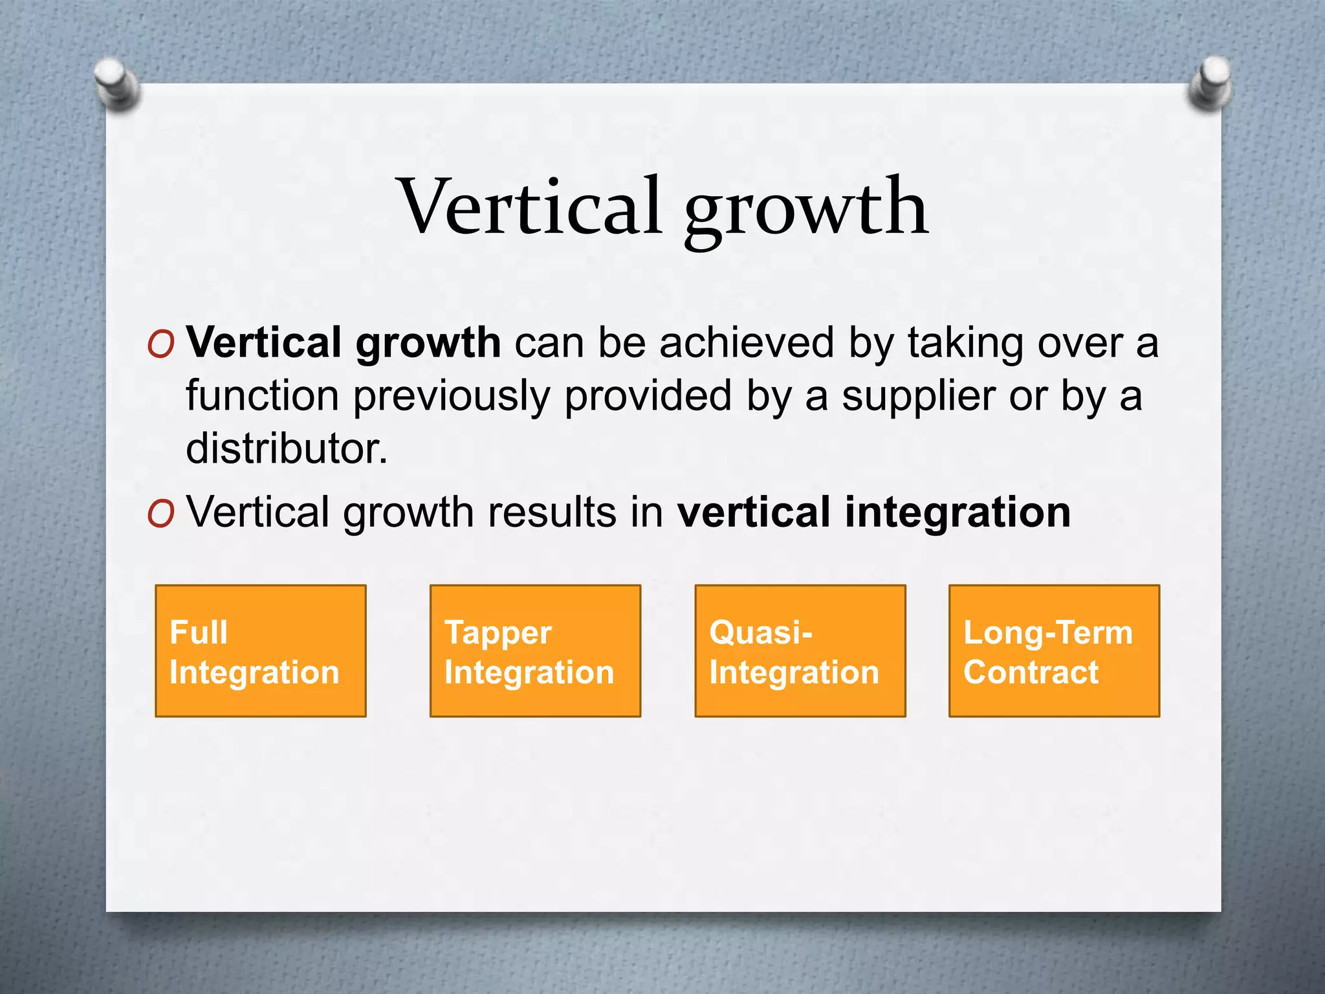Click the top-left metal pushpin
(x=116, y=84)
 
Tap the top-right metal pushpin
(x=1209, y=85)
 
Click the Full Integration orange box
(x=261, y=651)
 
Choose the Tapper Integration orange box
(x=535, y=651)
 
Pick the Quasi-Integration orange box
(x=800, y=651)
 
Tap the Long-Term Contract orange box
(x=1055, y=651)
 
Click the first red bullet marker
(x=160, y=346)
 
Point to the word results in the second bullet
(x=552, y=512)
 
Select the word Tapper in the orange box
(x=498, y=634)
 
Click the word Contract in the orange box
(x=1031, y=672)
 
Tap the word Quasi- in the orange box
(x=761, y=632)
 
